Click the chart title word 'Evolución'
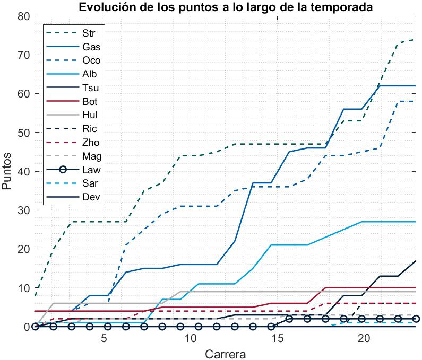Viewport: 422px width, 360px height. pos(104,7)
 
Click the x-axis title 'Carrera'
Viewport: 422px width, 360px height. pos(226,353)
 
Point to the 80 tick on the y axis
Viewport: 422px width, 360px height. pos(23,16)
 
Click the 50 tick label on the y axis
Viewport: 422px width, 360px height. pos(23,133)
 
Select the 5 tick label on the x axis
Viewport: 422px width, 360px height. pos(105,338)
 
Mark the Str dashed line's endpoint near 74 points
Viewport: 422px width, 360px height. pos(415,40)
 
